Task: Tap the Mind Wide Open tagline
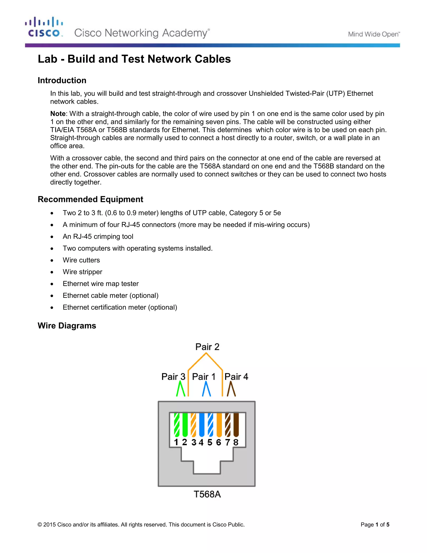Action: pos(374,34)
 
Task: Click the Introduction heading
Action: pos(62,80)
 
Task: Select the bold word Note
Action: pos(58,114)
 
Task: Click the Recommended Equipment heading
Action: pos(90,199)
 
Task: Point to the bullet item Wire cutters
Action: pos(81,260)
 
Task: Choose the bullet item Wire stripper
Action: pos(83,272)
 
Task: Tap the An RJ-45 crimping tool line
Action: pos(98,236)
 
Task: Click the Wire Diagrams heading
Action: pos(67,326)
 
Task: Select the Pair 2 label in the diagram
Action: pos(207,347)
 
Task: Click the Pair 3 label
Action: pos(173,377)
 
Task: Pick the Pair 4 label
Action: pos(236,377)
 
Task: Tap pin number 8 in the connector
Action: pos(236,442)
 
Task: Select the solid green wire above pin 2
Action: pos(185,425)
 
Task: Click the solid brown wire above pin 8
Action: pos(236,425)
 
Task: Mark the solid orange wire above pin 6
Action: pos(219,425)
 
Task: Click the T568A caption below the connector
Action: pos(207,494)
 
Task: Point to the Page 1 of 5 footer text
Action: pos(375,525)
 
